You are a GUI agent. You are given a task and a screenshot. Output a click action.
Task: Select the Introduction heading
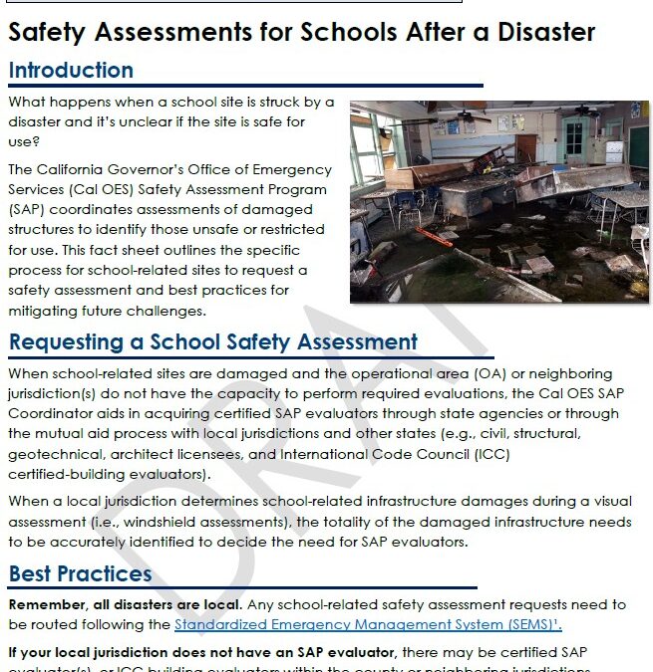71,71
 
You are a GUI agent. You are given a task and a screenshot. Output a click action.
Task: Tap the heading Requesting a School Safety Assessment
213,342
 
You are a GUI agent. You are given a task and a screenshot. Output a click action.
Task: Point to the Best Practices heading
80,574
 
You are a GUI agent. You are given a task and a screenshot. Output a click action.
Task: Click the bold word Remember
46,605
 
